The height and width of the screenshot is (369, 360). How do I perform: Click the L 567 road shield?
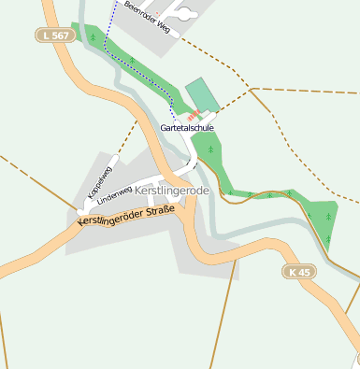click(x=53, y=35)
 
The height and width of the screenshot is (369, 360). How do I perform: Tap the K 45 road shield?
click(x=298, y=271)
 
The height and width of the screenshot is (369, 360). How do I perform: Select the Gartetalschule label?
click(x=187, y=127)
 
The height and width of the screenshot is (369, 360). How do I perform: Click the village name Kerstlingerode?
click(x=171, y=191)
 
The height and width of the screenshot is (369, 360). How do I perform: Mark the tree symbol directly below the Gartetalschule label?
click(x=211, y=149)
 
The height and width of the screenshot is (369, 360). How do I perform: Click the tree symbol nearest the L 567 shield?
click(x=93, y=37)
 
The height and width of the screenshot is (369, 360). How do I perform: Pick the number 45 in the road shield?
click(x=303, y=271)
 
